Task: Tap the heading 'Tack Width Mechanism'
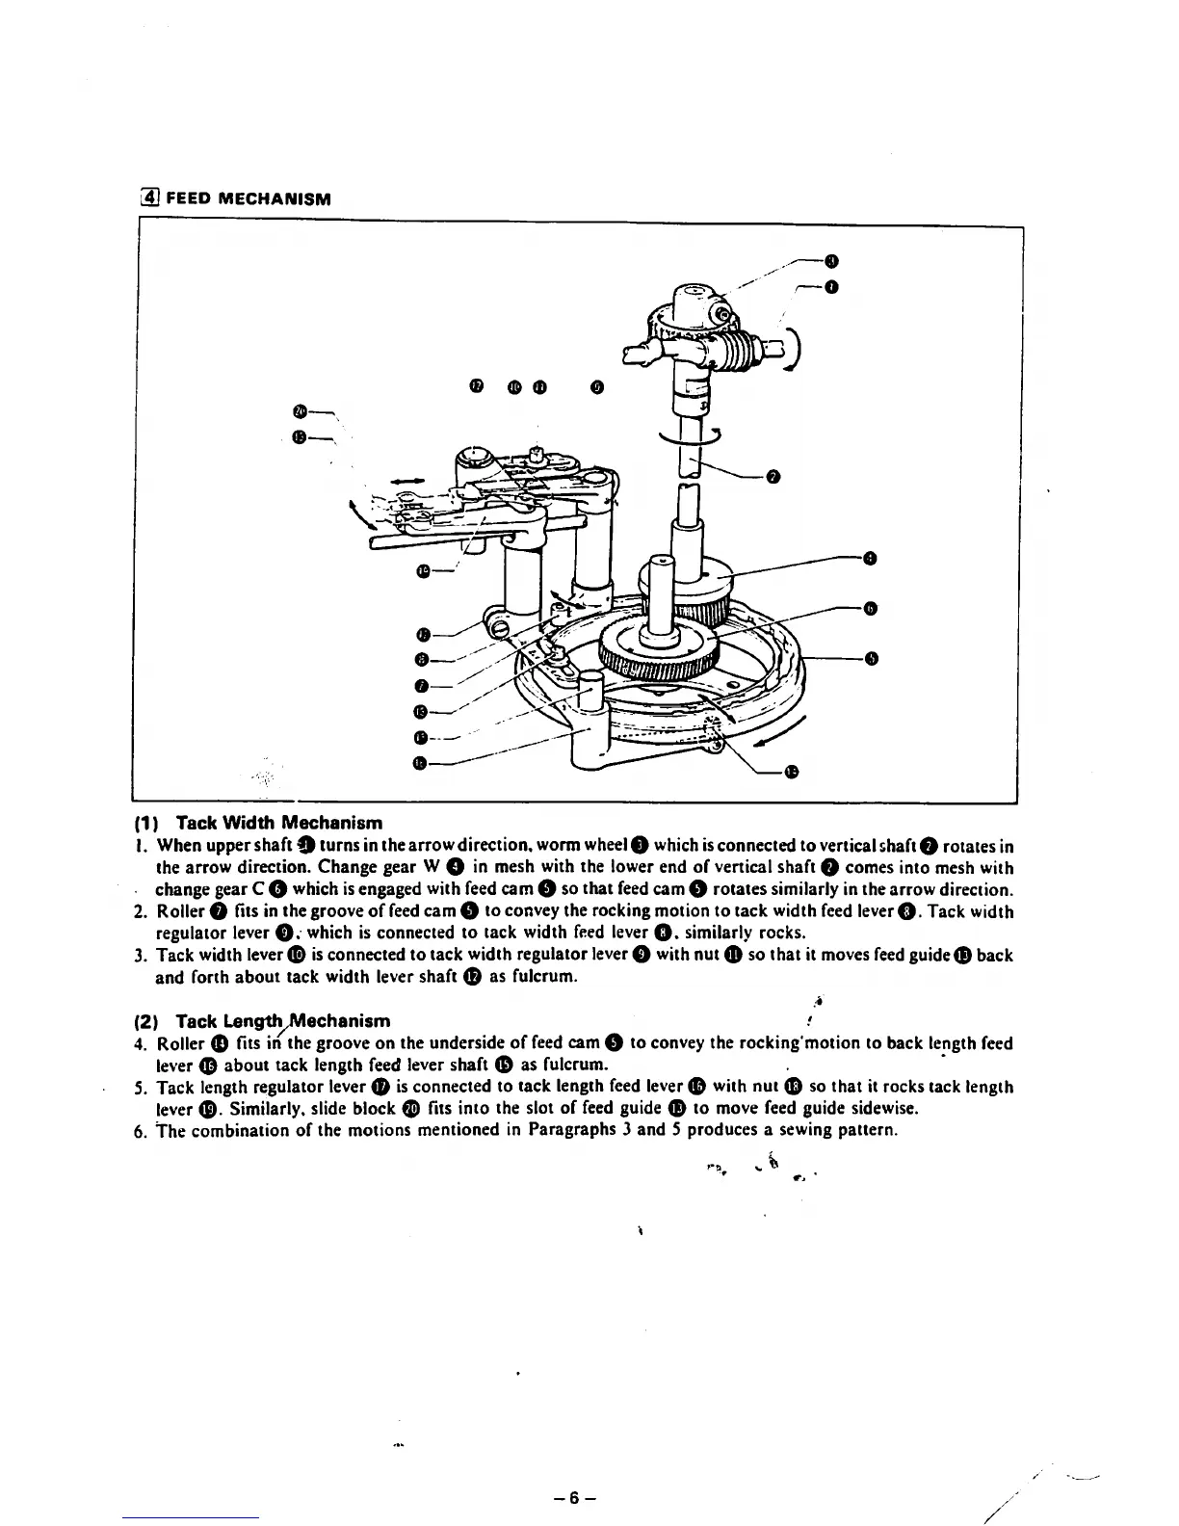tap(279, 823)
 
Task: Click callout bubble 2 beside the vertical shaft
tap(773, 477)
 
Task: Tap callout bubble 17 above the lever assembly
tap(475, 387)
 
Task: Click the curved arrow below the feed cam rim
tap(778, 734)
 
